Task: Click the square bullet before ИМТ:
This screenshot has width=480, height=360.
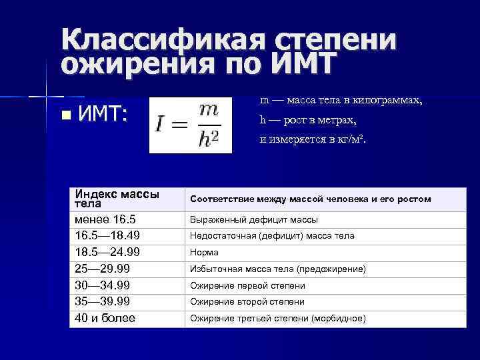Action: pyautogui.click(x=64, y=115)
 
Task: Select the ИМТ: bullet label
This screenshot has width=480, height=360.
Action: pyautogui.click(x=103, y=115)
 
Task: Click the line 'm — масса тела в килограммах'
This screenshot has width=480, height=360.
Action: pyautogui.click(x=341, y=101)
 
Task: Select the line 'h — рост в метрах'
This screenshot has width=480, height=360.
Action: pyautogui.click(x=308, y=121)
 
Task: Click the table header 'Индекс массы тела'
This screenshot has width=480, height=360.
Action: pyautogui.click(x=117, y=199)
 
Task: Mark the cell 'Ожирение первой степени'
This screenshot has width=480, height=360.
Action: pyautogui.click(x=247, y=286)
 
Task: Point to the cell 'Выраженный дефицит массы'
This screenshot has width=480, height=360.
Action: pyautogui.click(x=254, y=220)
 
